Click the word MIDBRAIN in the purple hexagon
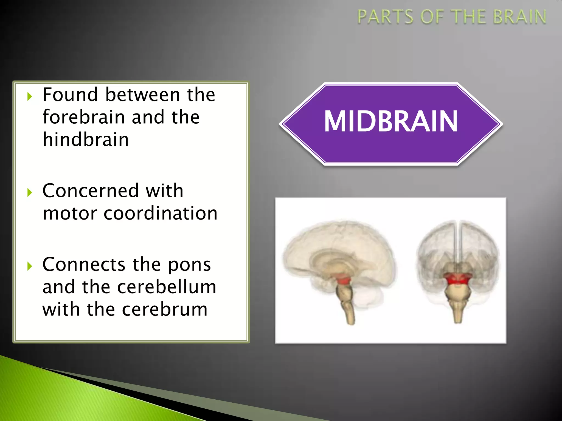pyautogui.click(x=391, y=121)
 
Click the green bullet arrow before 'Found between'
pyautogui.click(x=30, y=96)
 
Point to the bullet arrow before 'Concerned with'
pyautogui.click(x=30, y=193)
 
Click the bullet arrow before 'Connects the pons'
pyautogui.click(x=30, y=266)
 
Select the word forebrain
pyautogui.click(x=84, y=117)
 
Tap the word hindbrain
pyautogui.click(x=86, y=140)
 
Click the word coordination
pyautogui.click(x=161, y=214)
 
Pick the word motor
pyautogui.click(x=70, y=214)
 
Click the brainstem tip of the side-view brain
pyautogui.click(x=351, y=321)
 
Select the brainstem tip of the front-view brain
pyautogui.click(x=457, y=319)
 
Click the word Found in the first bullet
pyautogui.click(x=70, y=95)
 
